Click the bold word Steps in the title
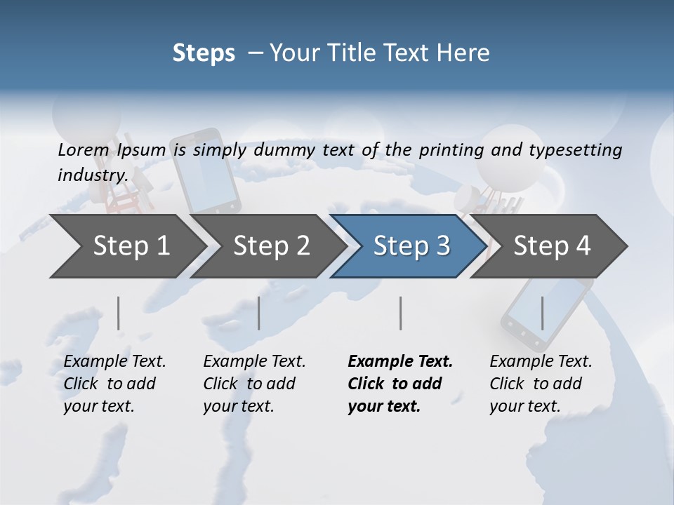pos(204,53)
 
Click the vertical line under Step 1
pos(119,313)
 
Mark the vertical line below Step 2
pos(259,313)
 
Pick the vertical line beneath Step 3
pos(401,313)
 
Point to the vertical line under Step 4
pos(542,313)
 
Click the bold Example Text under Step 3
pos(400,362)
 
